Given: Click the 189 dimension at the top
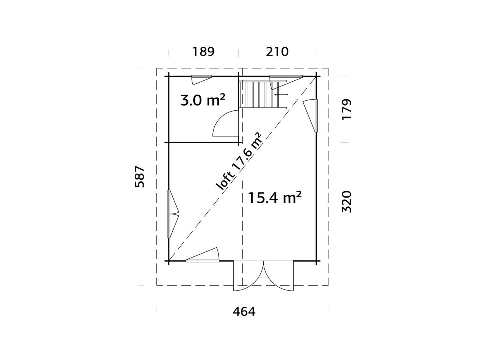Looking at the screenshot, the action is [203, 52].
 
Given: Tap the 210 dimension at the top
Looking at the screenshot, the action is [277, 52].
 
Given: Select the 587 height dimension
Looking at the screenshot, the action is [140, 177].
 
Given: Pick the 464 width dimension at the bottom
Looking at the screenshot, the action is [244, 312].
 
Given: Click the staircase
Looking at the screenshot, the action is [263, 94].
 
